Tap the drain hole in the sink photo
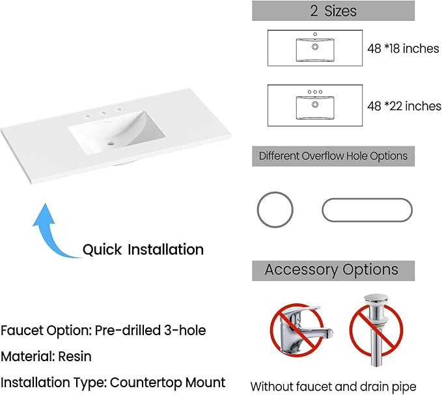click(x=111, y=144)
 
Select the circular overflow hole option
click(x=275, y=210)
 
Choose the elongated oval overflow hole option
click(x=367, y=210)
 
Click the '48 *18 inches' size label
click(x=403, y=48)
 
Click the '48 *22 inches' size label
click(x=404, y=106)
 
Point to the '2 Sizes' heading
click(x=333, y=10)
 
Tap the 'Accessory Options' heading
click(x=331, y=269)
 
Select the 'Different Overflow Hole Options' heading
click(x=333, y=156)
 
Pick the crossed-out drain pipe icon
click(x=376, y=330)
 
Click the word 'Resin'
click(x=75, y=357)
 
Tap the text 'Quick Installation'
click(x=143, y=250)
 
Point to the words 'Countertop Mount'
click(x=168, y=383)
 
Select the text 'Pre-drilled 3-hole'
click(x=150, y=330)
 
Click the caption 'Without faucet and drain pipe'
click(x=333, y=387)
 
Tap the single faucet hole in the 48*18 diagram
click(x=315, y=34)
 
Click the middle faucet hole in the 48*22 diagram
click(x=315, y=92)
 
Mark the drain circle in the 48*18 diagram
click(x=315, y=47)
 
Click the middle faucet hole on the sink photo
click(x=102, y=113)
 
